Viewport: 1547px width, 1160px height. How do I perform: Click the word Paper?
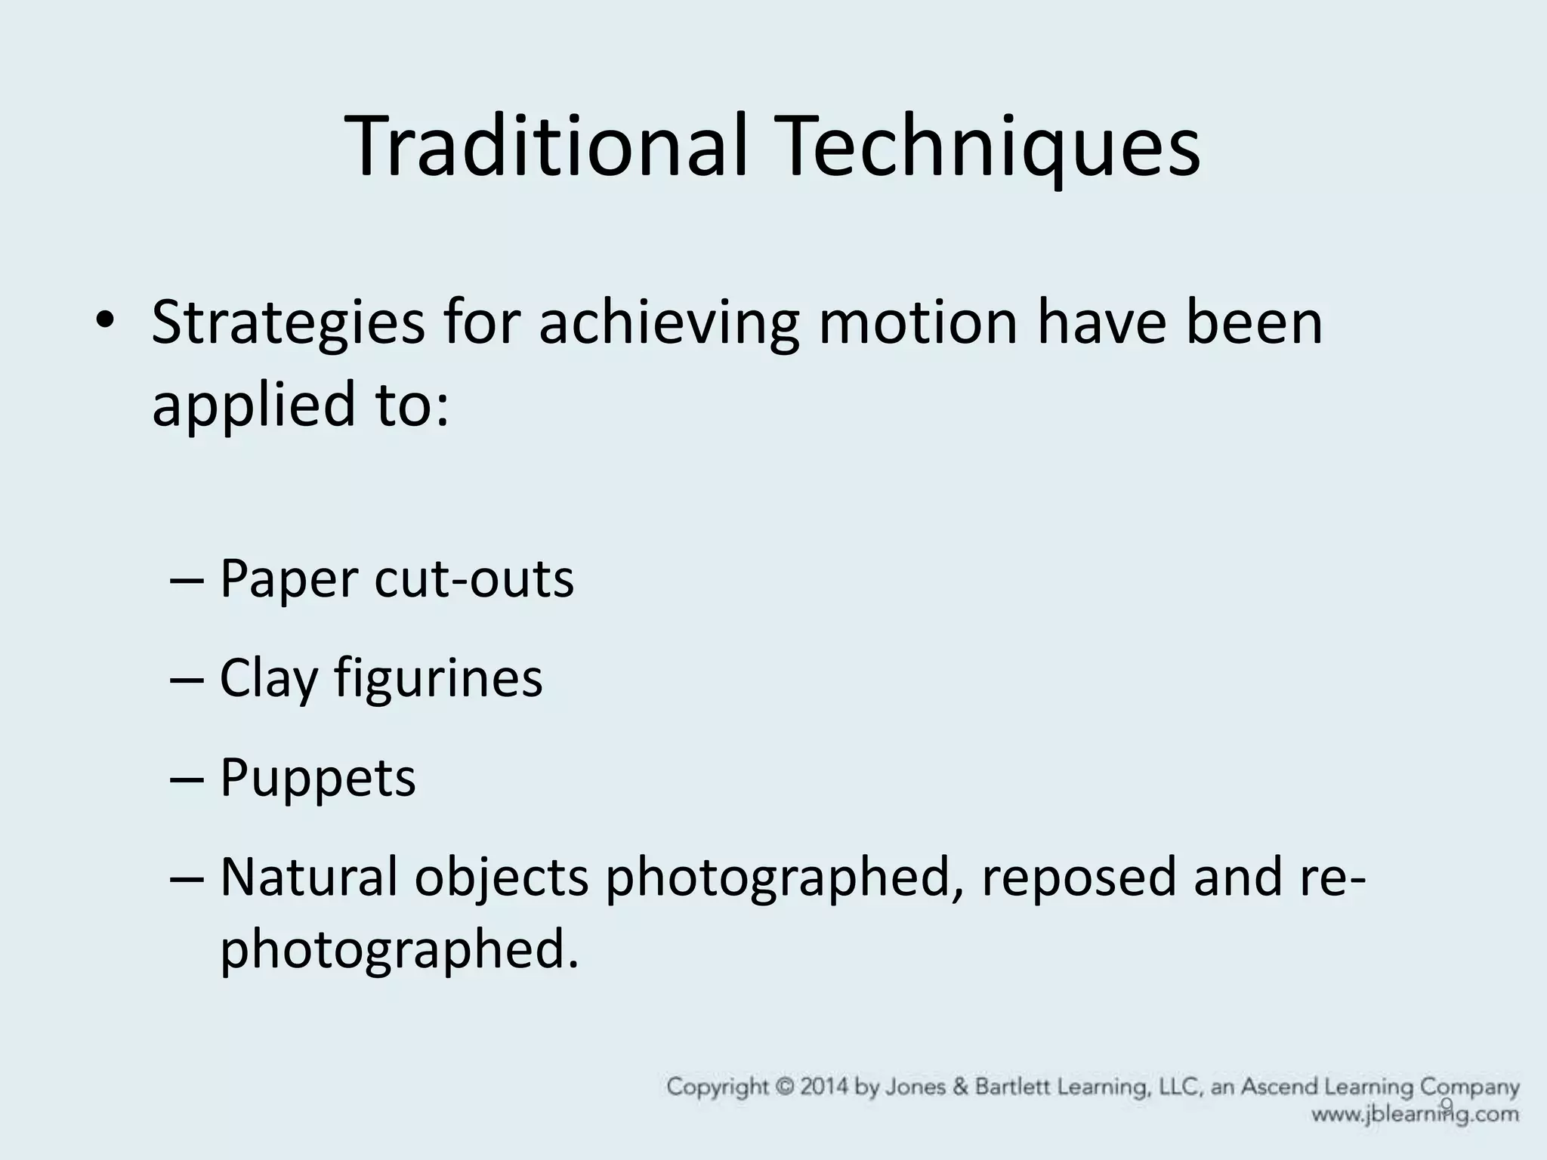tap(288, 580)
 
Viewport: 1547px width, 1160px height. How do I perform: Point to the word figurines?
tap(438, 678)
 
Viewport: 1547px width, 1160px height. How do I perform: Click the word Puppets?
tap(317, 778)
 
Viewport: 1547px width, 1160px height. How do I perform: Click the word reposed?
tap(1079, 878)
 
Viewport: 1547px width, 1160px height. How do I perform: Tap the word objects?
tap(501, 878)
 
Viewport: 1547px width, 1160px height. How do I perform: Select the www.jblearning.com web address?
tap(1414, 1114)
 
